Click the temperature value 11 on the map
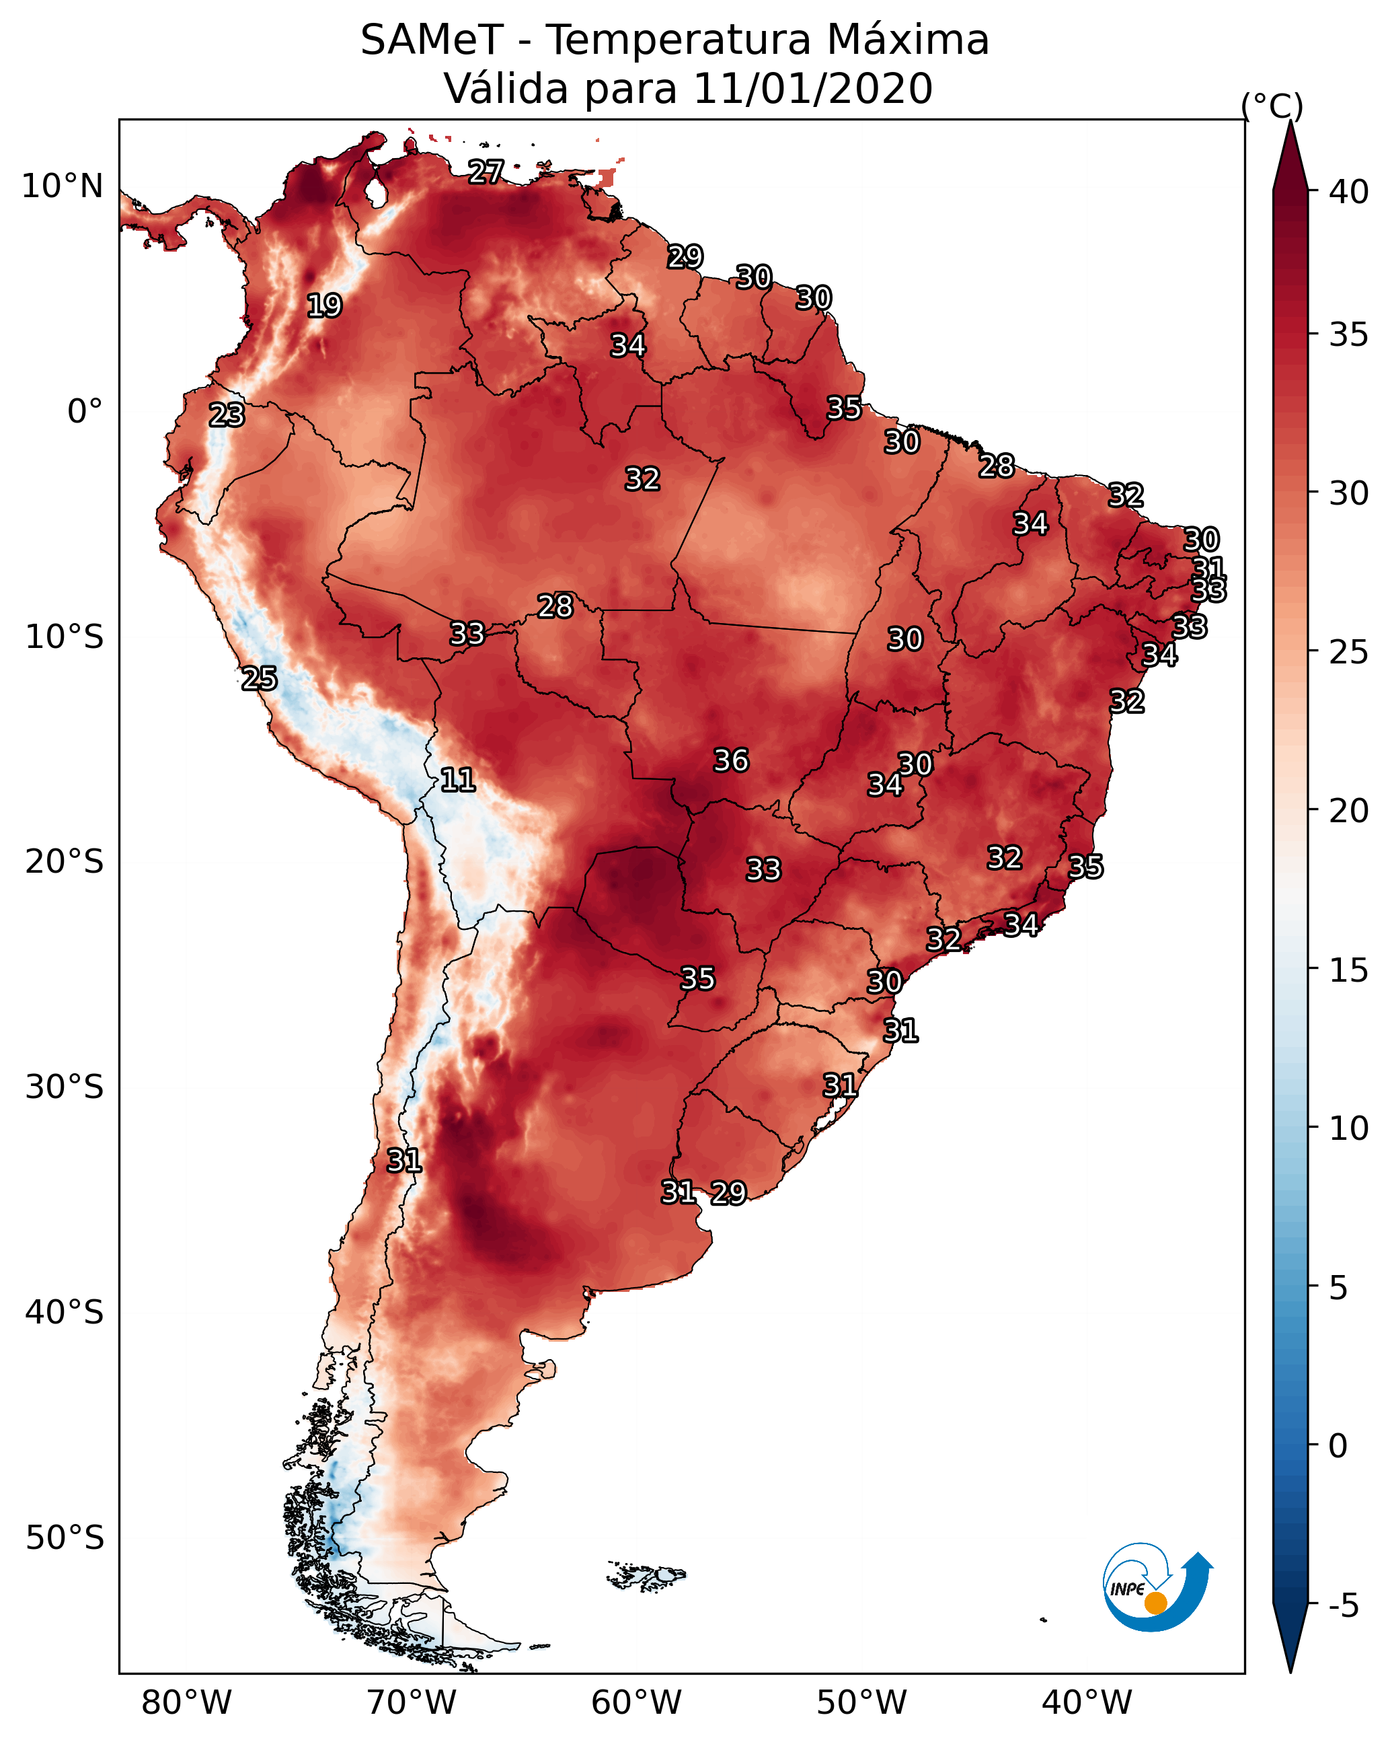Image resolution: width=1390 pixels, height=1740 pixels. [x=457, y=780]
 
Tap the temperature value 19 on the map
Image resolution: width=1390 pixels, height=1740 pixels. [x=324, y=306]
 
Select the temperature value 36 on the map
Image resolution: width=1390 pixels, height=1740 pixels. [x=731, y=760]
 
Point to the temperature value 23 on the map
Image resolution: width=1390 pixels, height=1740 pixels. [x=227, y=415]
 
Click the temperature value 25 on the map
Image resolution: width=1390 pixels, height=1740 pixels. [x=259, y=679]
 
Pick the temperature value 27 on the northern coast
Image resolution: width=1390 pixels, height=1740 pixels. [x=486, y=172]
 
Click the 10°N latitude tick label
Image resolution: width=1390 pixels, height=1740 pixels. [x=62, y=186]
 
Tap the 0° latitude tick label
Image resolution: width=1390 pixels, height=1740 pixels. [x=85, y=412]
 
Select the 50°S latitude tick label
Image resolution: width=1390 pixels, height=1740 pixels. [x=65, y=1538]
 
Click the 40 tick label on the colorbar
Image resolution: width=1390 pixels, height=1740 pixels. [x=1349, y=192]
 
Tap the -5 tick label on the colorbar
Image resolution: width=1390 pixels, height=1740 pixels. [x=1343, y=1606]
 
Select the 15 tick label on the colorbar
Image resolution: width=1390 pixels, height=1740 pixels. [x=1349, y=970]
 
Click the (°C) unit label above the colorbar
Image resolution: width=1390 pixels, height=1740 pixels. [x=1272, y=106]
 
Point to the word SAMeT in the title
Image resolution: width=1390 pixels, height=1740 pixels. [x=432, y=40]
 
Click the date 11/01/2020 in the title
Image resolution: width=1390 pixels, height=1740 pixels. [x=812, y=89]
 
